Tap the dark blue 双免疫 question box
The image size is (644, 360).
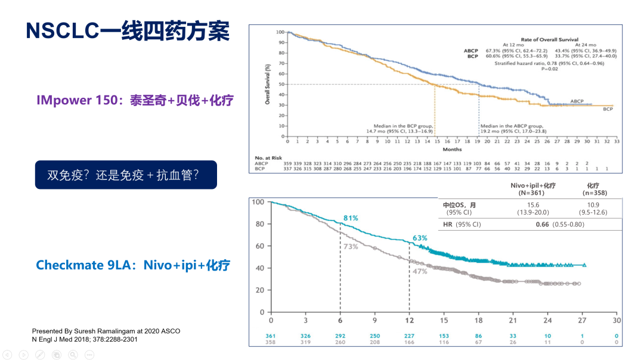125,175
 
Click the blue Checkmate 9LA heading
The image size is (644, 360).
133,265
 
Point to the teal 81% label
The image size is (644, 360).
350,218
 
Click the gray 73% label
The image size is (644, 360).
350,246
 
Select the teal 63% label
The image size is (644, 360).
420,238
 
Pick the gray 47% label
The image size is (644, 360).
420,271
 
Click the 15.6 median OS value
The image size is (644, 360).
532,205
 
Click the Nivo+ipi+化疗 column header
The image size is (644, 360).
532,185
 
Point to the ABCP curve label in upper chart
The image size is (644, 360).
577,101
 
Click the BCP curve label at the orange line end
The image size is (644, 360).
608,110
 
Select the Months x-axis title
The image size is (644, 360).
452,150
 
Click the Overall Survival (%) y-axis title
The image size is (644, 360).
268,85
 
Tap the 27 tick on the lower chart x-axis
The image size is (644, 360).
582,320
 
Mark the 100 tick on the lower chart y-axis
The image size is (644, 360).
258,202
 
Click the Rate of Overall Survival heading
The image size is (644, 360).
549,39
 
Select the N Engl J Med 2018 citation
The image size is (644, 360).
85,339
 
